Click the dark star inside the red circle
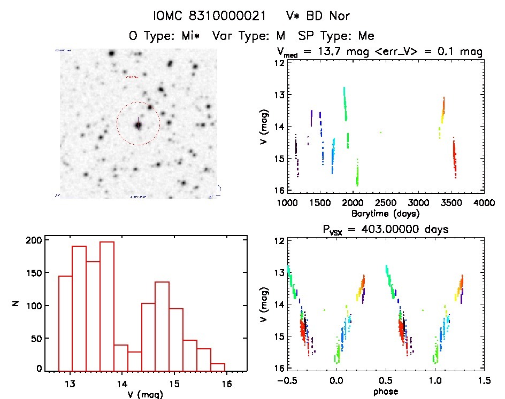click(x=139, y=125)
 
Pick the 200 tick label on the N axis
click(x=33, y=241)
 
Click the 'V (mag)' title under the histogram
click(x=146, y=395)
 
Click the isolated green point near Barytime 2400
click(x=380, y=132)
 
